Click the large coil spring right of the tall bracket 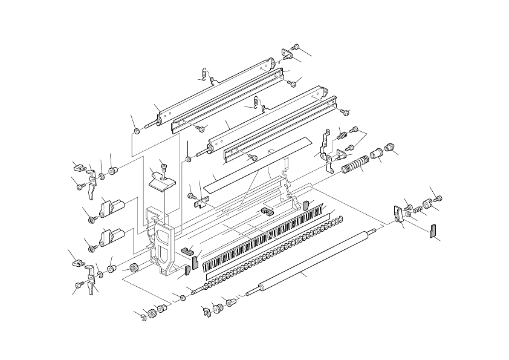coord(355,164)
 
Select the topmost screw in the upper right coord(296,47)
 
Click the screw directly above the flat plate coord(163,165)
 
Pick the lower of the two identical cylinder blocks coord(112,237)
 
